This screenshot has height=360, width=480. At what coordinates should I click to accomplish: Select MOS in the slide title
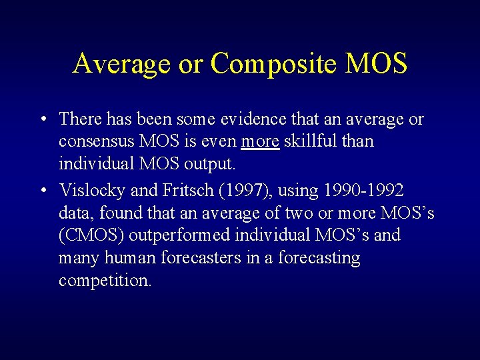click(x=376, y=64)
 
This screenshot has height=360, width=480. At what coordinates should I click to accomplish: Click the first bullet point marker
click(x=42, y=120)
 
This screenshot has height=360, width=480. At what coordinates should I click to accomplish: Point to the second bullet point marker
click(x=42, y=191)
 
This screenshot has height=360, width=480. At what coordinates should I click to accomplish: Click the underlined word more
click(x=260, y=142)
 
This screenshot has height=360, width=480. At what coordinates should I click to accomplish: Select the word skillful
click(x=312, y=142)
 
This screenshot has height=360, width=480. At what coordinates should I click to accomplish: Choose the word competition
click(x=105, y=281)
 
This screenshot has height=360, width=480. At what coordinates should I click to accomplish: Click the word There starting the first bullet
click(x=79, y=119)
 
